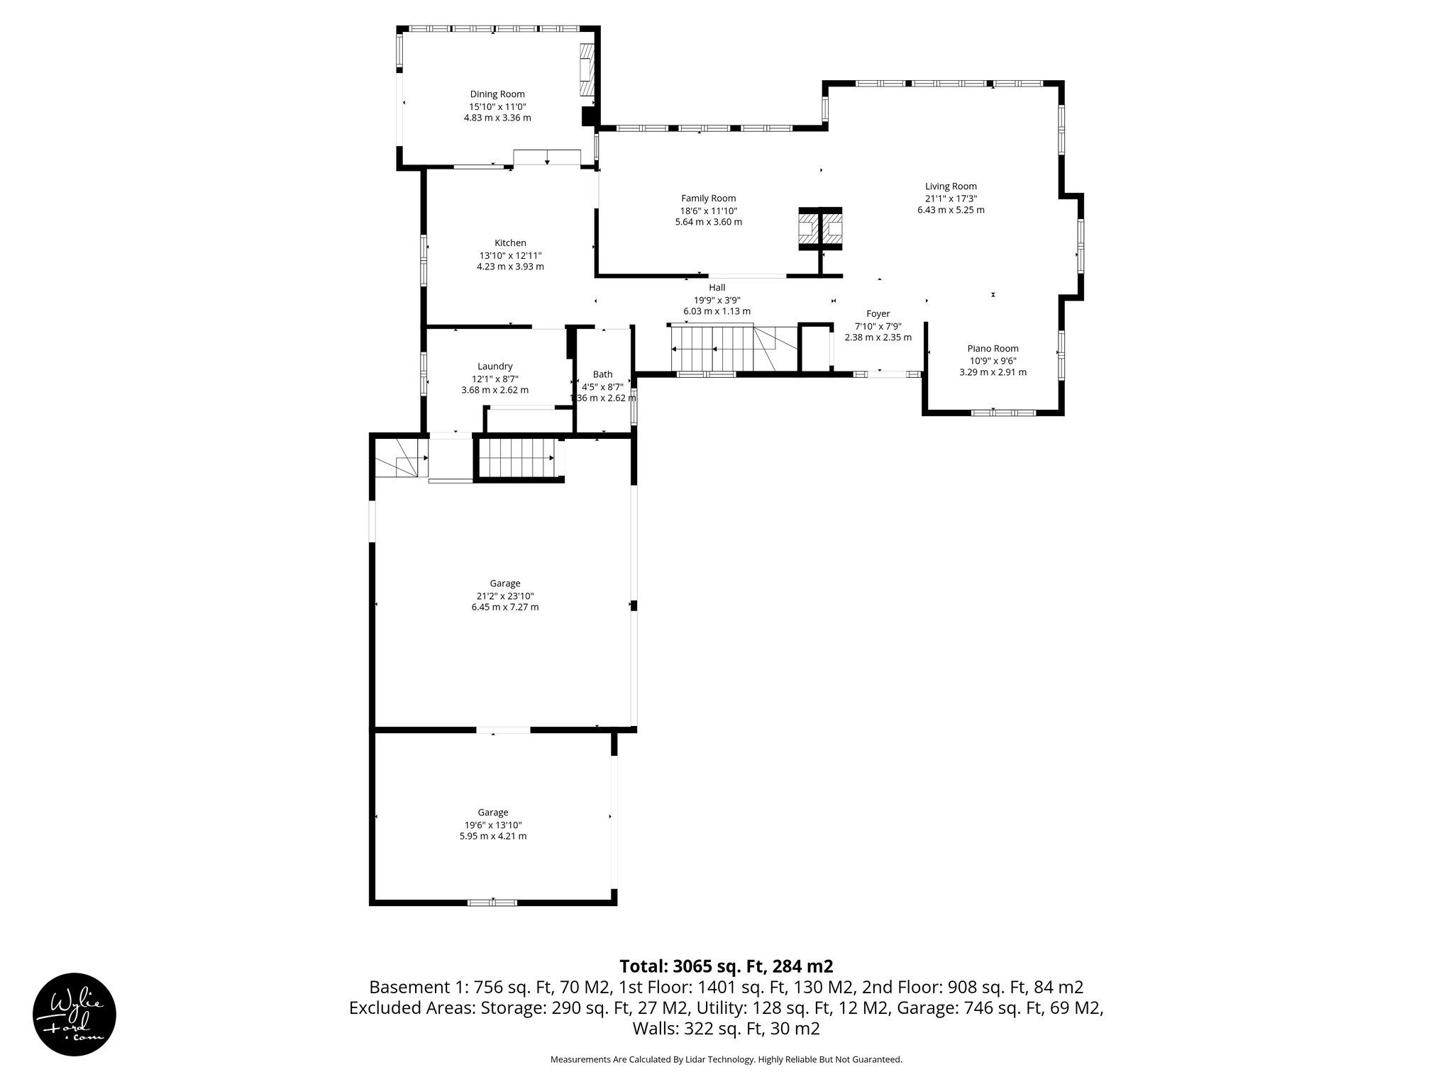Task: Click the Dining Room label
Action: click(497, 94)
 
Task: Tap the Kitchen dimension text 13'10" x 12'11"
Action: click(510, 255)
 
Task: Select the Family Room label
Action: click(708, 199)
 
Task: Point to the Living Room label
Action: click(951, 186)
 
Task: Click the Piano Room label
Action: click(993, 348)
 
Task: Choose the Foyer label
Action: click(878, 313)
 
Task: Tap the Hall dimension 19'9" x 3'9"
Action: click(717, 299)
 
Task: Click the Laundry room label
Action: click(495, 366)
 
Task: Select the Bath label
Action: click(602, 374)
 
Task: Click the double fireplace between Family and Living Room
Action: click(821, 230)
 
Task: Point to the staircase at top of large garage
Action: click(516, 458)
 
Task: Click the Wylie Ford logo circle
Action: click(74, 1014)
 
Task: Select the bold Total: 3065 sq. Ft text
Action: click(726, 966)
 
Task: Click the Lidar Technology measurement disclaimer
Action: click(726, 1059)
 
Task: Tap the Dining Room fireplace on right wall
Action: click(587, 70)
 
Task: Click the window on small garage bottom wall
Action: click(492, 903)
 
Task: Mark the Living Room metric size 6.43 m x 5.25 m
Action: click(951, 210)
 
